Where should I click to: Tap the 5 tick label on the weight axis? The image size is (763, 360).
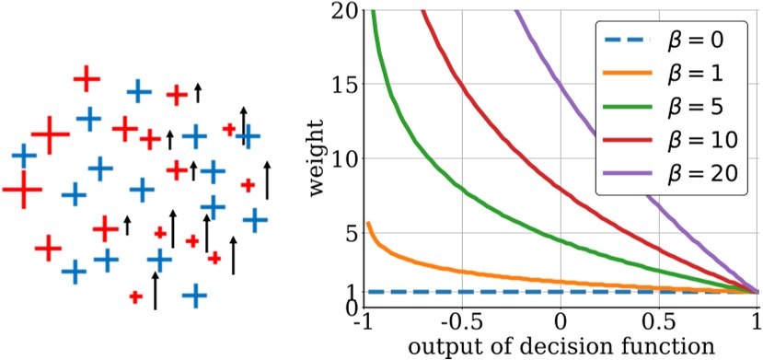(x=348, y=233)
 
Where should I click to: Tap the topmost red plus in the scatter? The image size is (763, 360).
(x=87, y=78)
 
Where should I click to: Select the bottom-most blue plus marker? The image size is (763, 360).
(x=193, y=296)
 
